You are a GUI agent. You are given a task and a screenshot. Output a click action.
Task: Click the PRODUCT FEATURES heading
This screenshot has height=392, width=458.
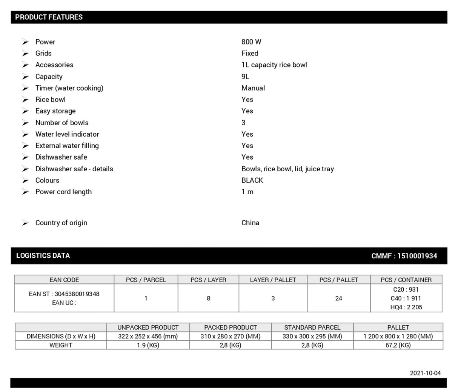[49, 17]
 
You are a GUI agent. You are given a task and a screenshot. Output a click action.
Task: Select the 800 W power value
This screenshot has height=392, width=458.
[251, 42]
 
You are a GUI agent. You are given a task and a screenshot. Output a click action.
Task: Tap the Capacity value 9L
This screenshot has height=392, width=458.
[245, 77]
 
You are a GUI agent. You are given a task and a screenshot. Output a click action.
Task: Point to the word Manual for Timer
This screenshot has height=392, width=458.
[253, 88]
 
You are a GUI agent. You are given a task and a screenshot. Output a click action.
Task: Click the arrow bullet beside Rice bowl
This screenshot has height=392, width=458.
[25, 100]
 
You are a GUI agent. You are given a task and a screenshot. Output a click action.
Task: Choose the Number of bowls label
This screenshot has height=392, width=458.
[62, 123]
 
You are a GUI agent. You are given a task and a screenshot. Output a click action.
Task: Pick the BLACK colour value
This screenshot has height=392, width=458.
[252, 180]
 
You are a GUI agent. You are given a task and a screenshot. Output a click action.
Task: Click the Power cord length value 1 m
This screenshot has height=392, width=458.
[247, 192]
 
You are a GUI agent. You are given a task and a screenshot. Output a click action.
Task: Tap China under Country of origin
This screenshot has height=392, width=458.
[250, 223]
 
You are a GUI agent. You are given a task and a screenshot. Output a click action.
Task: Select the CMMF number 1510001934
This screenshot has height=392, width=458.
[417, 256]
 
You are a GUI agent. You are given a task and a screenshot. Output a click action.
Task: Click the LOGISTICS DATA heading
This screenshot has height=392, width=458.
[43, 255]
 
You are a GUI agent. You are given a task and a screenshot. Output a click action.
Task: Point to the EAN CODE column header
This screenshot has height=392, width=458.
[64, 280]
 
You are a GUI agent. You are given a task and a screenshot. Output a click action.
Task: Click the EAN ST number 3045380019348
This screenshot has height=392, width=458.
[77, 294]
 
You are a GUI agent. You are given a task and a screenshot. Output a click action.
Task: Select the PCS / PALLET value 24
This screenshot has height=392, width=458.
[338, 298]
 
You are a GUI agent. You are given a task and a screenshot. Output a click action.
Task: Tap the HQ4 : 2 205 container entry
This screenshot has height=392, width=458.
[406, 307]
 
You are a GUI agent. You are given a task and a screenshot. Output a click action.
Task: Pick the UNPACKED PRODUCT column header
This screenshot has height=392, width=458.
[148, 327]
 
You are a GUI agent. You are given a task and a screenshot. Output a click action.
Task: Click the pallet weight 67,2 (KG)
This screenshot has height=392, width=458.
[398, 345]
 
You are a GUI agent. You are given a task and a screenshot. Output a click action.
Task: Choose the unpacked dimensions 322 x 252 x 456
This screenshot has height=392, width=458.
[148, 336]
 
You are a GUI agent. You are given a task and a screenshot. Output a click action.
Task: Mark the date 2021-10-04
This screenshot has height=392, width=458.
[425, 373]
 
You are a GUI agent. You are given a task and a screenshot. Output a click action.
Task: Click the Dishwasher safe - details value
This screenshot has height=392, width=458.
[287, 169]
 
